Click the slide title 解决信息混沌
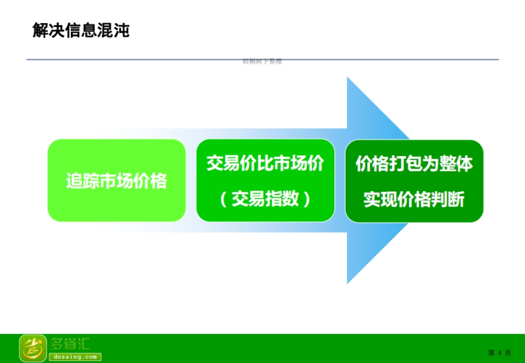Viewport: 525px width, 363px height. pyautogui.click(x=81, y=31)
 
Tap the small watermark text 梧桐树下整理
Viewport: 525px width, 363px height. pyautogui.click(x=262, y=62)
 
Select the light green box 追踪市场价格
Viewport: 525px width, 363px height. pyautogui.click(x=116, y=180)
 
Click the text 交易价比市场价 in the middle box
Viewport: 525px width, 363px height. pyautogui.click(x=265, y=164)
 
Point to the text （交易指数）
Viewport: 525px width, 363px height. pyautogui.click(x=265, y=199)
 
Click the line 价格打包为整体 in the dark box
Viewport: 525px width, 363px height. pyautogui.click(x=414, y=164)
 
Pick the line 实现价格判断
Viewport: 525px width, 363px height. pyautogui.click(x=414, y=200)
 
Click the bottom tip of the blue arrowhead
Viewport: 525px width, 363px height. pyautogui.click(x=348, y=282)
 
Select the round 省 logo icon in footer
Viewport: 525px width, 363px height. pyautogui.click(x=33, y=348)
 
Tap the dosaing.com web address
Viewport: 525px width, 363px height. pyautogui.click(x=75, y=357)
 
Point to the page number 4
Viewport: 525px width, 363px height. pyautogui.click(x=499, y=353)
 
